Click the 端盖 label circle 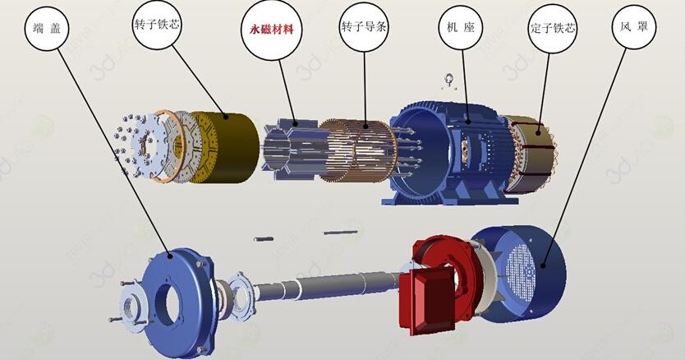tap(47, 29)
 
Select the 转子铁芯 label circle tap(156, 24)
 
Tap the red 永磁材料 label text tap(271, 30)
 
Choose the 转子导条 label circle tap(364, 27)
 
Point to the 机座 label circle tap(462, 28)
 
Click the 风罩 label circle tap(634, 26)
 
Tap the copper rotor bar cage tap(358, 150)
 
